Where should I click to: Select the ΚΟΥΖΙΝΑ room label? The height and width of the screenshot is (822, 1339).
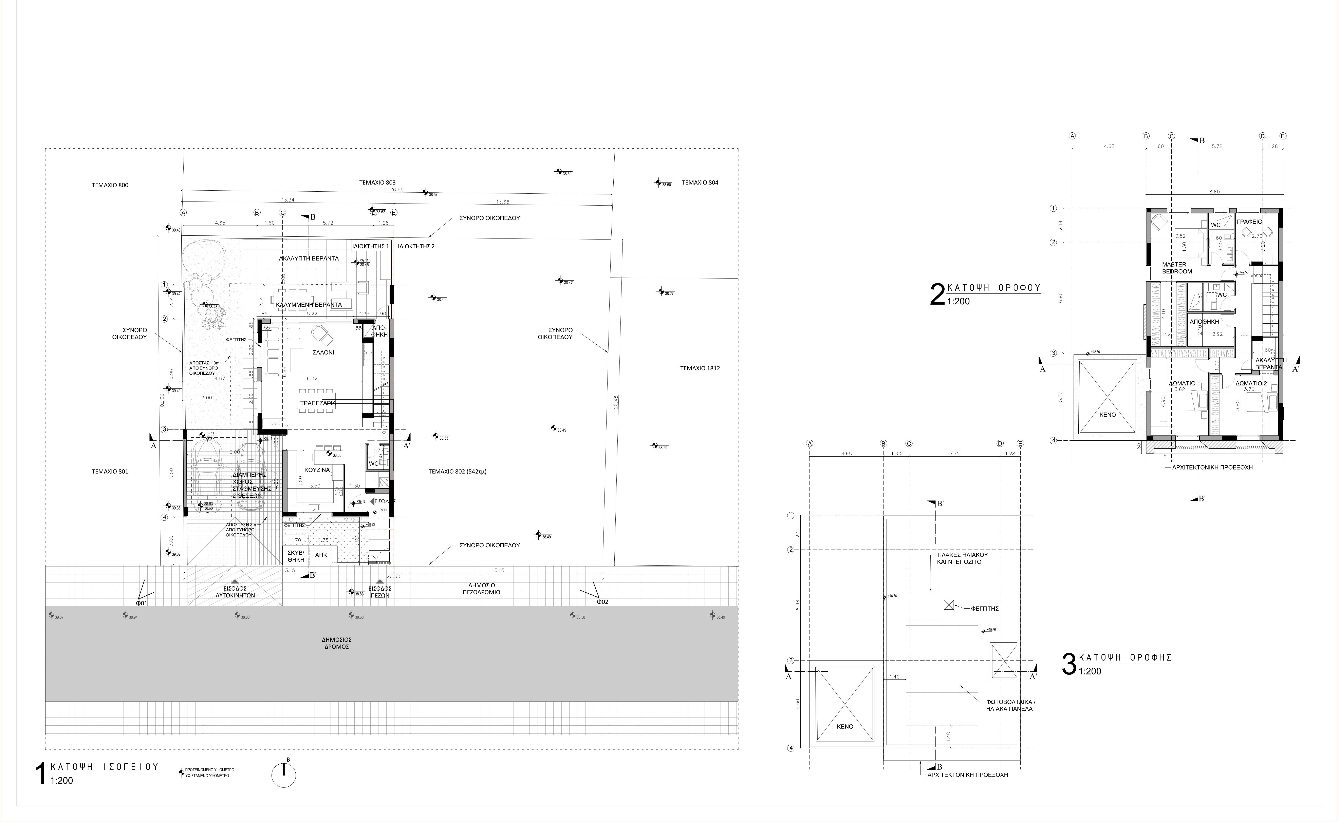point(317,470)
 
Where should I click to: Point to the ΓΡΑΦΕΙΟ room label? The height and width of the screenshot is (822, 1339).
point(1249,222)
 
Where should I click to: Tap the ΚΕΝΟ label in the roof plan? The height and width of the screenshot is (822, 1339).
point(845,726)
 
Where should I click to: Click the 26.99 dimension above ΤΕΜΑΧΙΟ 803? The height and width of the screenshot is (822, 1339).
point(397,190)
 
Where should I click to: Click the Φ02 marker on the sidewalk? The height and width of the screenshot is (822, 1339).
point(602,602)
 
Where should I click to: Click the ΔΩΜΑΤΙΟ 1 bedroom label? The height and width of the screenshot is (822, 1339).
point(1184,383)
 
